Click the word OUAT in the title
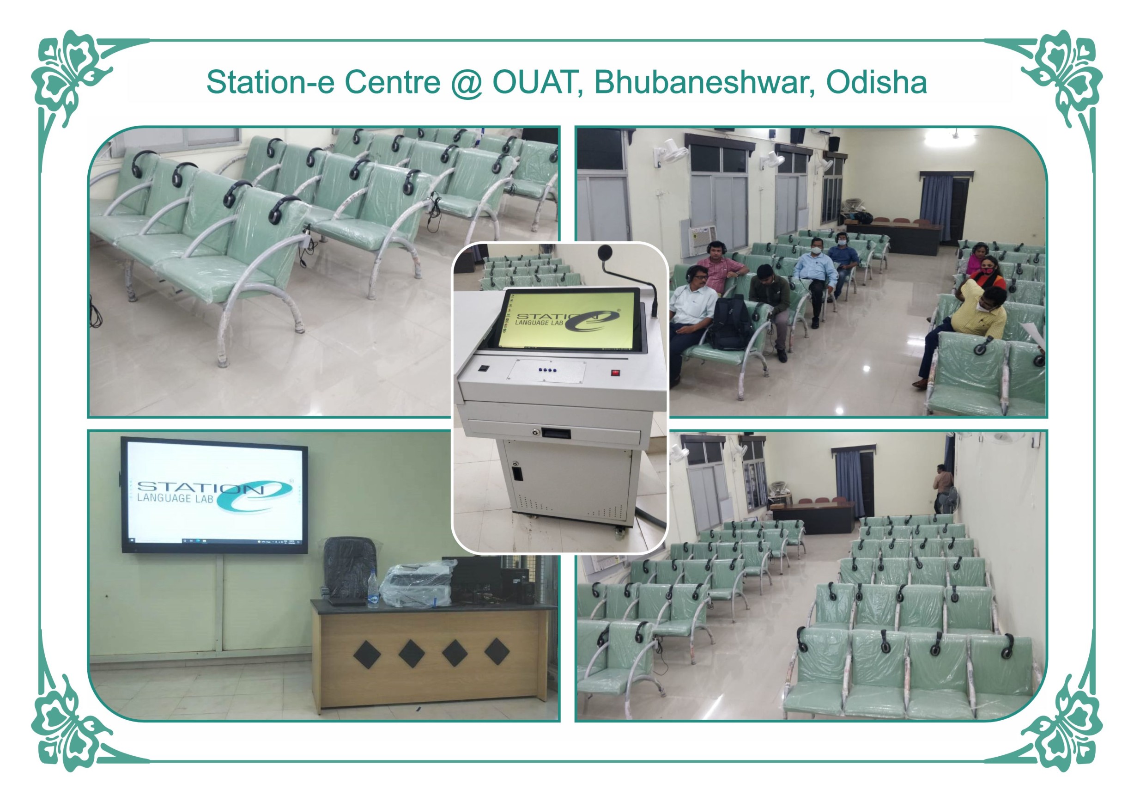[533, 82]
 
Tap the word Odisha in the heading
[876, 82]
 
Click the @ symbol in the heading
[466, 83]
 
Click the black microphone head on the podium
[606, 252]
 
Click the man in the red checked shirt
[721, 269]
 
